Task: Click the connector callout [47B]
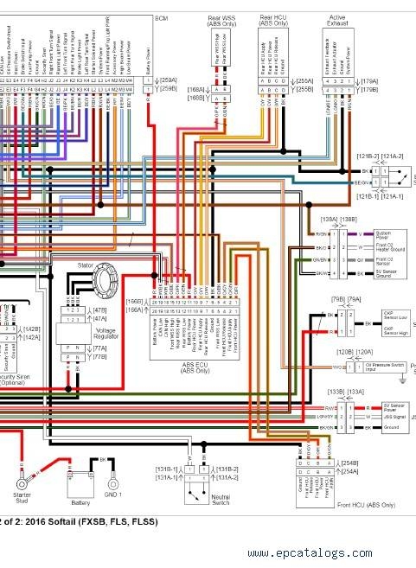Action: pyautogui.click(x=99, y=309)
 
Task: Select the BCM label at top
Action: pyautogui.click(x=161, y=17)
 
